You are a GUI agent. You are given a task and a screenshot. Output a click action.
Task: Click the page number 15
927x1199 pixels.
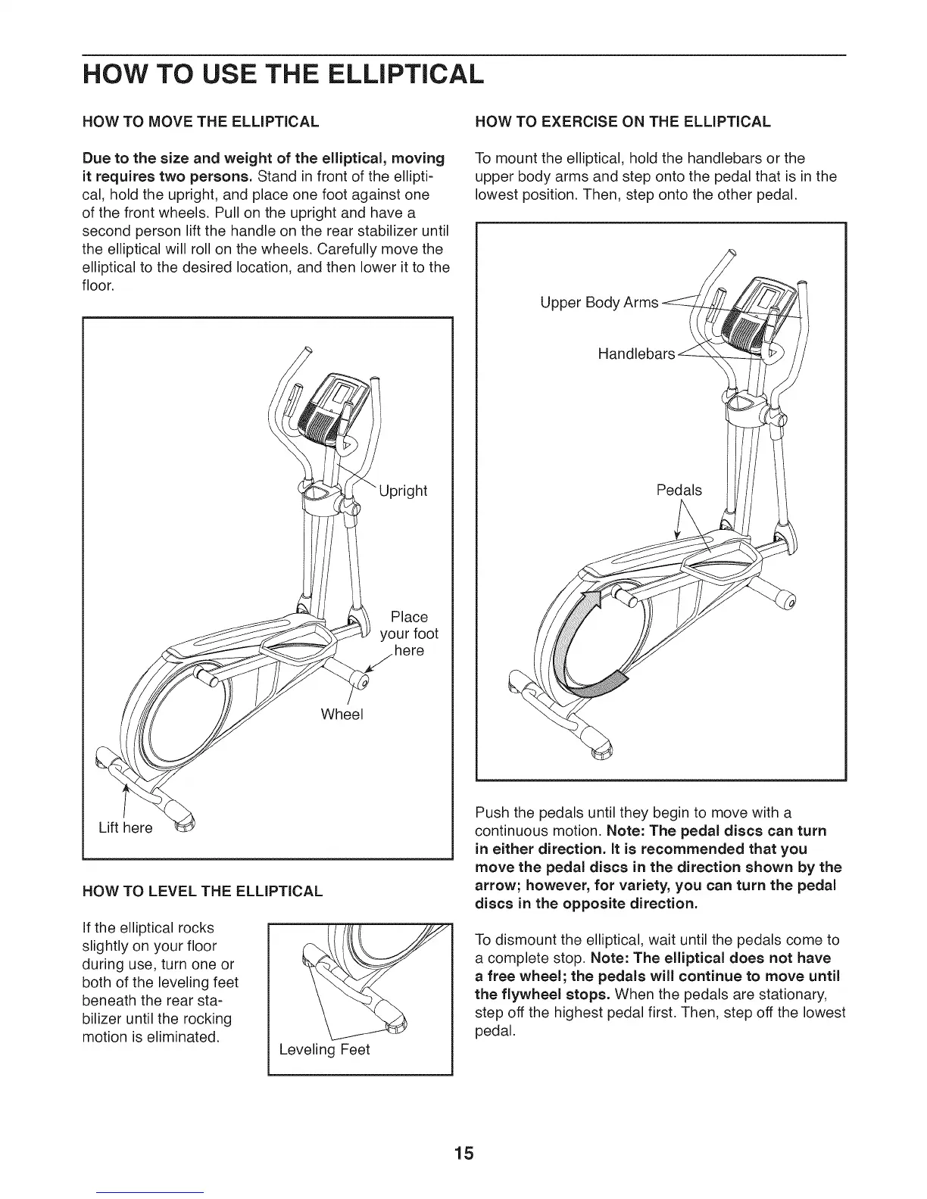click(464, 1153)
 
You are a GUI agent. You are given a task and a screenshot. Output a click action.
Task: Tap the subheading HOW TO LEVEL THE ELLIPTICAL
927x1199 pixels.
click(202, 891)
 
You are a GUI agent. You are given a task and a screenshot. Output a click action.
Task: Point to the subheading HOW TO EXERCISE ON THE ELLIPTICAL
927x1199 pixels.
click(622, 122)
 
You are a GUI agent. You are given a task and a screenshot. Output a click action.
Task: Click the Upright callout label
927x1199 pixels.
click(403, 490)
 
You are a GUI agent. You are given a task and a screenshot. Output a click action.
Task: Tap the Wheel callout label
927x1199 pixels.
click(342, 714)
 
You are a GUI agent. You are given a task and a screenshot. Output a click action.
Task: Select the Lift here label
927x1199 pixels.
click(126, 827)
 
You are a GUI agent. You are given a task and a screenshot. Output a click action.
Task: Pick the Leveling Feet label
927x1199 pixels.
click(324, 1050)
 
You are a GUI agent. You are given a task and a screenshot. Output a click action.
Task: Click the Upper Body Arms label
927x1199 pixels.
click(599, 303)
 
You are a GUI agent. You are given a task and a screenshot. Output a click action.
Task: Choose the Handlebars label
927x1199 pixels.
click(636, 353)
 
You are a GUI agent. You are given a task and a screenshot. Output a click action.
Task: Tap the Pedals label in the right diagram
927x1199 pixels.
click(679, 490)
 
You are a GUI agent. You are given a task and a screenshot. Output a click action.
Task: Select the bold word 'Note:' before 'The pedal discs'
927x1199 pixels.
click(625, 830)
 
